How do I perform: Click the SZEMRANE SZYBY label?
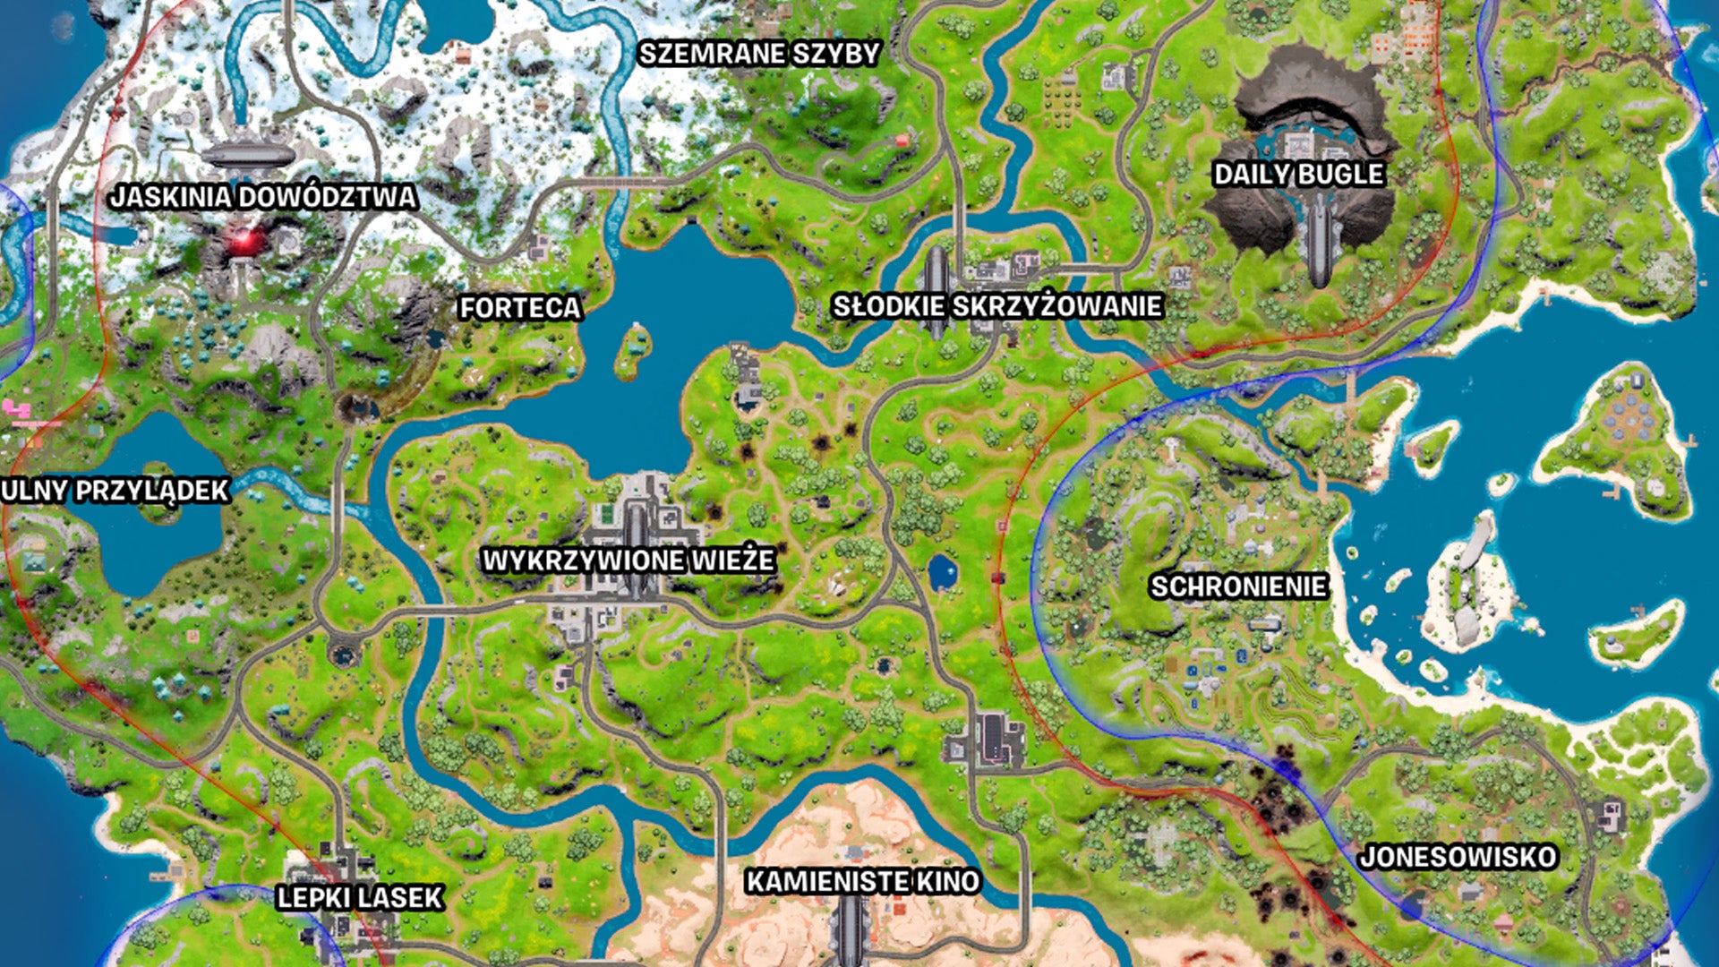(x=759, y=54)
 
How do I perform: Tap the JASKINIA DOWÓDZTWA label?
(x=263, y=197)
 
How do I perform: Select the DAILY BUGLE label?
(x=1298, y=174)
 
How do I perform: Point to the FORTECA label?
(x=520, y=308)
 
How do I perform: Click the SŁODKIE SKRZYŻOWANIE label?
(x=997, y=306)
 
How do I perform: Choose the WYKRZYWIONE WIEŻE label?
(x=629, y=561)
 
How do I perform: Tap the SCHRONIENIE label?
(x=1238, y=586)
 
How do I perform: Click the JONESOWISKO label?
(x=1458, y=857)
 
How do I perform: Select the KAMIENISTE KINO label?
(x=863, y=881)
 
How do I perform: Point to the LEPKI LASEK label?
(x=360, y=897)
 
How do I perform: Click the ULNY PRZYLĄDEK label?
(x=115, y=491)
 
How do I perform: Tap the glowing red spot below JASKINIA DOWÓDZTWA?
(x=244, y=240)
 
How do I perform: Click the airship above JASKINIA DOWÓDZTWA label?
(x=248, y=155)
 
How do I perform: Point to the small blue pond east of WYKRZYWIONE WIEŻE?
(x=942, y=571)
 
